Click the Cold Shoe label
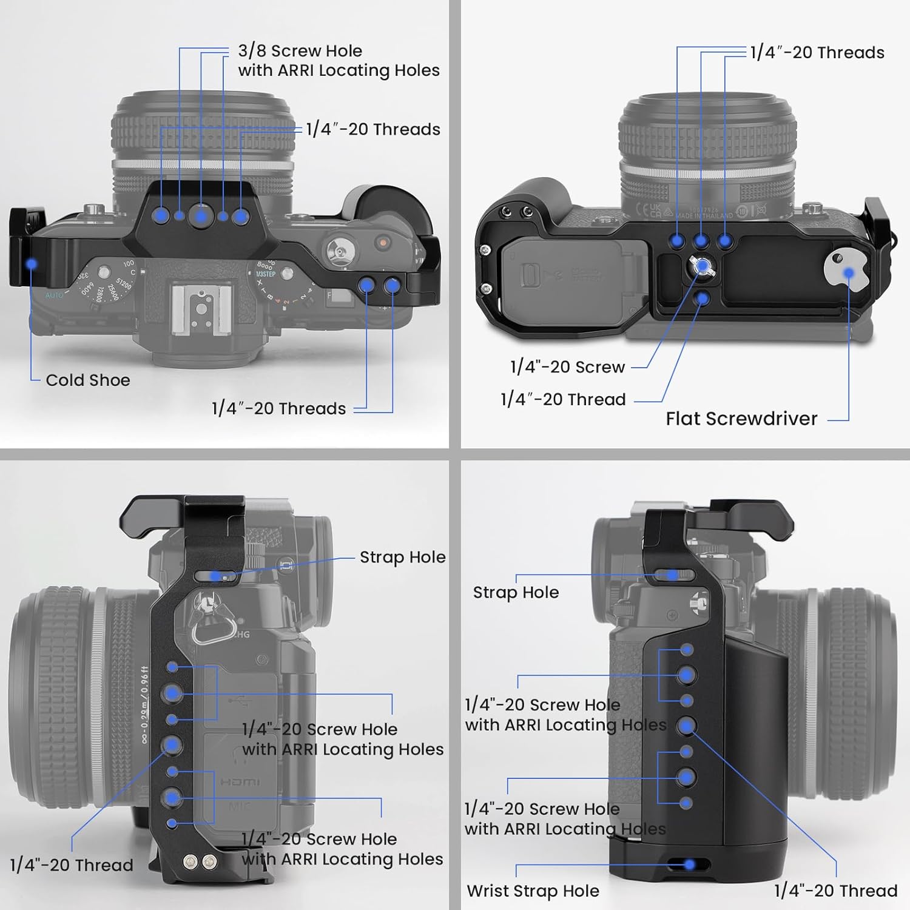coord(88,380)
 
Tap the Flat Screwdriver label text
coord(741,419)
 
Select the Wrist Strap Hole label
coord(533,891)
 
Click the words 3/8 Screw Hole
coord(300,51)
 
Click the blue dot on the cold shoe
coord(32,264)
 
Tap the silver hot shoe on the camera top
coord(201,310)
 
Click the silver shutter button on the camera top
coord(337,248)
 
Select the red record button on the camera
coord(383,243)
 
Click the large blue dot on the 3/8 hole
coord(201,215)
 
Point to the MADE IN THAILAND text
coord(704,215)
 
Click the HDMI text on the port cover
coord(240,783)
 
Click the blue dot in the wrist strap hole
coord(689,864)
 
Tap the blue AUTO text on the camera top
coord(54,295)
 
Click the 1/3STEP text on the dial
coord(266,274)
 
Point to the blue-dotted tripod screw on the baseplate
coord(701,266)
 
